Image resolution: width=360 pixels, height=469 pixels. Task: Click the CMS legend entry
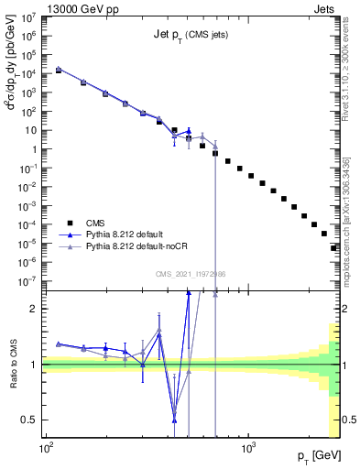coord(94,223)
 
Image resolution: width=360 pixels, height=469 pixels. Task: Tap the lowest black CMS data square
coord(333,247)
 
